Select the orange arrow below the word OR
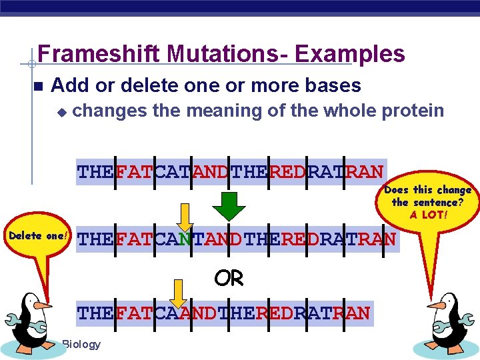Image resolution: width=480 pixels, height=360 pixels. coord(177,291)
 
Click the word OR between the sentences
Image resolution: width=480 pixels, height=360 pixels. coord(229,279)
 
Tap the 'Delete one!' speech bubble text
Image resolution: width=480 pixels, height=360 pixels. coord(37,236)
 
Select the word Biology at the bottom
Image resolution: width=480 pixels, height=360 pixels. coord(81,344)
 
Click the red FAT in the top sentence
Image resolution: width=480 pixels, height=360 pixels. coord(134,173)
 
